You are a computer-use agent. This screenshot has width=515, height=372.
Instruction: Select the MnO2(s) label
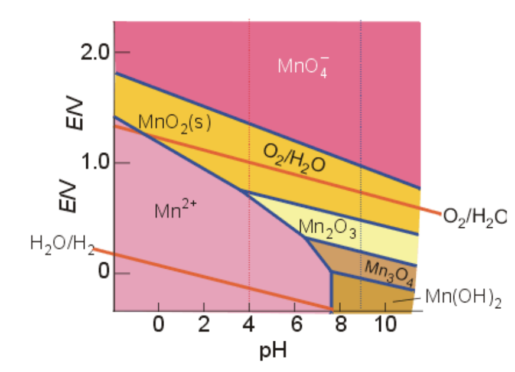click(174, 123)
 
